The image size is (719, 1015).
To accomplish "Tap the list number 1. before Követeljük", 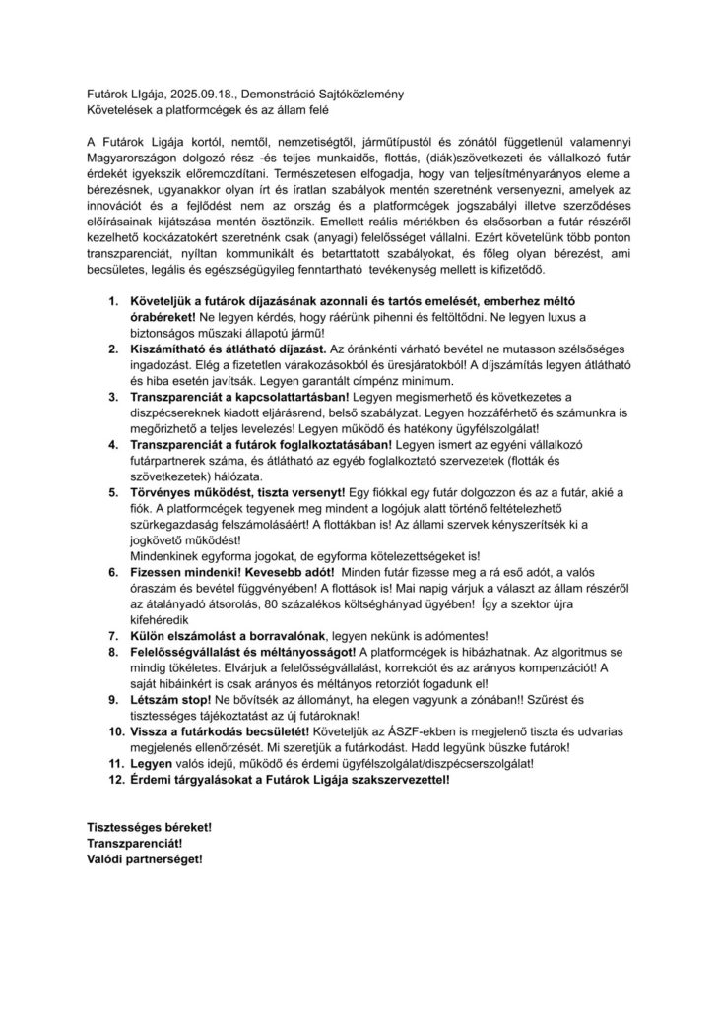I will pos(114,298).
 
